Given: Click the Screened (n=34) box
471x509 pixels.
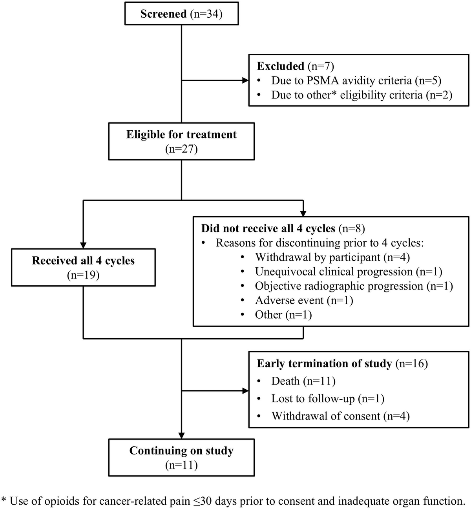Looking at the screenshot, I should point(181,14).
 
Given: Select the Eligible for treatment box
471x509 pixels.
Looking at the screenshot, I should point(181,141).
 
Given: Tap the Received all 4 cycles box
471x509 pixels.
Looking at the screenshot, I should point(83,267).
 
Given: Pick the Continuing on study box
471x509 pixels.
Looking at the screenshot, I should point(181,458).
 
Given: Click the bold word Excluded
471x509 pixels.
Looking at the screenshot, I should point(280,66).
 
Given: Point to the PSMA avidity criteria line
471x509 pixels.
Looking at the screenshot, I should point(356,80).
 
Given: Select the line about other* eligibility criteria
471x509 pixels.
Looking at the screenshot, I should point(361,95).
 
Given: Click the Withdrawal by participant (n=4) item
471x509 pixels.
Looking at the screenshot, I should point(332,257).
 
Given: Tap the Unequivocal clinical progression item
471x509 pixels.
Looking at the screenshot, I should point(348,272).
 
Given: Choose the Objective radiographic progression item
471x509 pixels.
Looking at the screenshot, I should point(354,286).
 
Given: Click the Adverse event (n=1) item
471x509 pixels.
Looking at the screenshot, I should point(304,301).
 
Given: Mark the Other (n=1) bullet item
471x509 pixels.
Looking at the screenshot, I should point(283,315).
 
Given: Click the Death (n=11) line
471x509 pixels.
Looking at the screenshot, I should point(303,381).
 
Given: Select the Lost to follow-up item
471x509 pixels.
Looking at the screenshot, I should point(327,399).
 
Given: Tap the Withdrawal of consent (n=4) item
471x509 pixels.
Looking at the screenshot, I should point(340,416).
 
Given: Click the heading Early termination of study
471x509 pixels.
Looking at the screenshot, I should point(324,363).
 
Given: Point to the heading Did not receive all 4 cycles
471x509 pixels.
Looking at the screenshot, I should point(268,228).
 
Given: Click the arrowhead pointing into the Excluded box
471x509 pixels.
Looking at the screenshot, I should point(246,80).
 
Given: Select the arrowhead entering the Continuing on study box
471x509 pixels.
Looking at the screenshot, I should point(181,436).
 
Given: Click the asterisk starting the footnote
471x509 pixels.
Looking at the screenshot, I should point(4,500).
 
